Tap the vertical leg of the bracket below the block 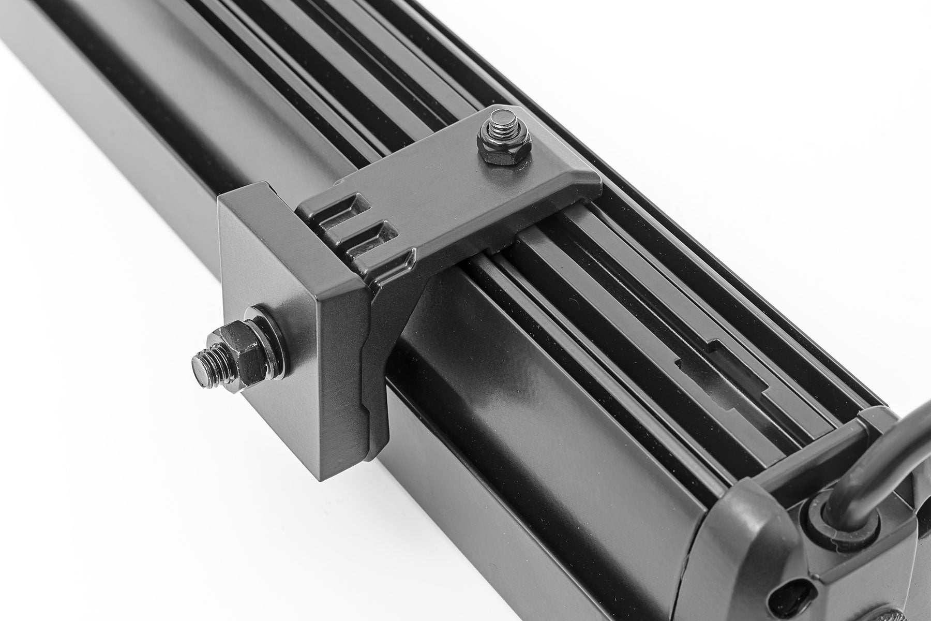pyautogui.click(x=383, y=362)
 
